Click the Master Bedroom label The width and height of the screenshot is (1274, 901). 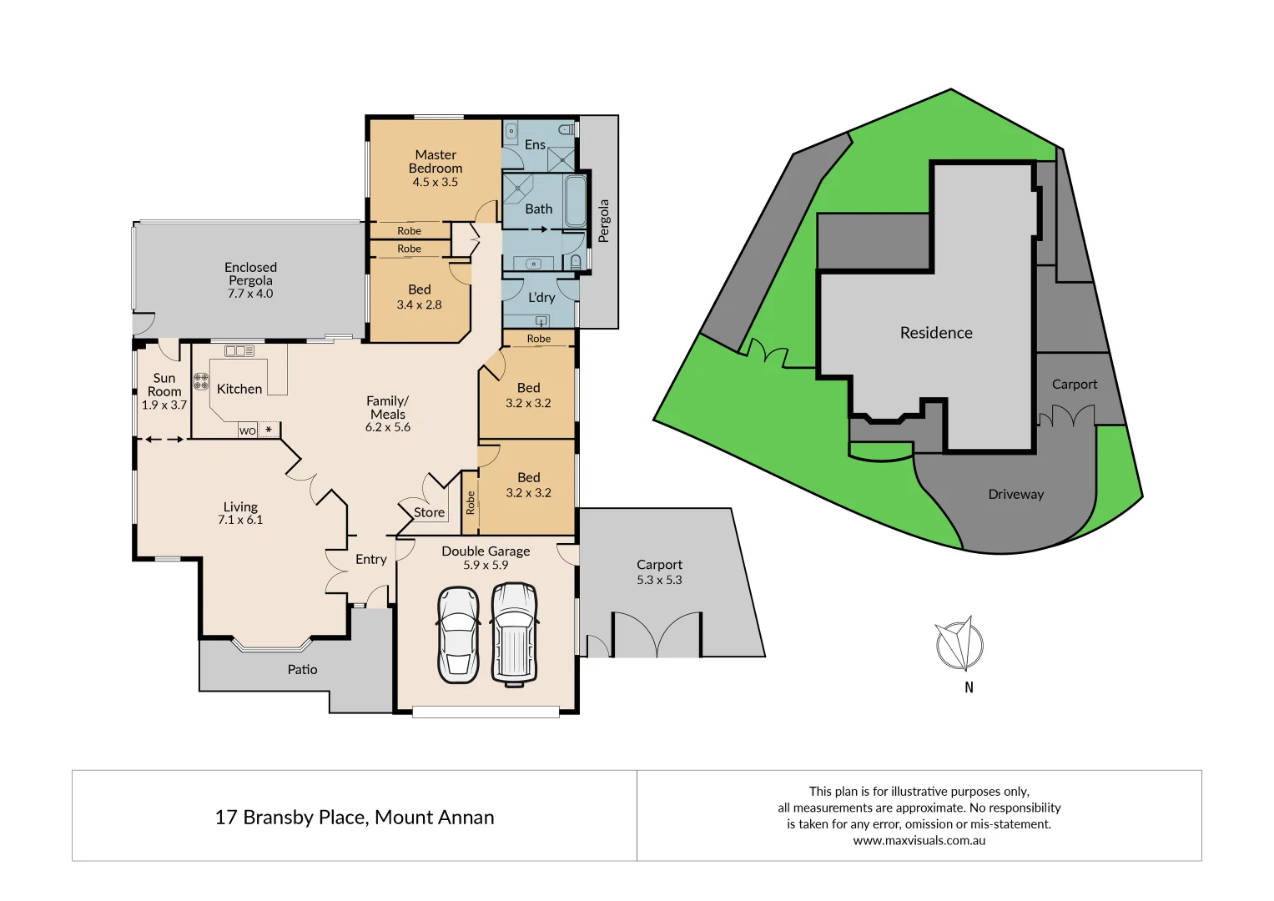click(435, 161)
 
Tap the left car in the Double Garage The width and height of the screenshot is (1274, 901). click(458, 635)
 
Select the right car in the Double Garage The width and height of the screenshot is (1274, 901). click(514, 633)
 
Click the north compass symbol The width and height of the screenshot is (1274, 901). click(960, 644)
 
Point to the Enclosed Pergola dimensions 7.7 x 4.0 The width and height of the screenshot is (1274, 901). click(250, 294)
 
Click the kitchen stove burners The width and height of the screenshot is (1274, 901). click(201, 382)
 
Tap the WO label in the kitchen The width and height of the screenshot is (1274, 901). click(247, 430)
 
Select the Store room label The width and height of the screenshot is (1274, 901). click(429, 512)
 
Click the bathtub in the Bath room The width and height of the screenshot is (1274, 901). click(576, 201)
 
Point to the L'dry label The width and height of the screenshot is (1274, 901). click(541, 297)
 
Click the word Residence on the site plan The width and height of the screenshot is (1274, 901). click(935, 333)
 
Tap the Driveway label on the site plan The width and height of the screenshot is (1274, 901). click(1015, 494)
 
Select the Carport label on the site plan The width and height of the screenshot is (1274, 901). click(1074, 385)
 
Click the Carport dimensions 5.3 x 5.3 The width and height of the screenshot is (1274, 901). click(659, 580)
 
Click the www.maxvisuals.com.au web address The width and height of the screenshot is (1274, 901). click(919, 840)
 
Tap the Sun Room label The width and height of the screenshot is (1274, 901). click(164, 385)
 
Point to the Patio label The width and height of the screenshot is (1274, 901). click(302, 669)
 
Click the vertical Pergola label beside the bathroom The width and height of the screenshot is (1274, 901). click(604, 220)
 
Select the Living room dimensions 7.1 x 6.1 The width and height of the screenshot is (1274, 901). click(240, 520)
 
